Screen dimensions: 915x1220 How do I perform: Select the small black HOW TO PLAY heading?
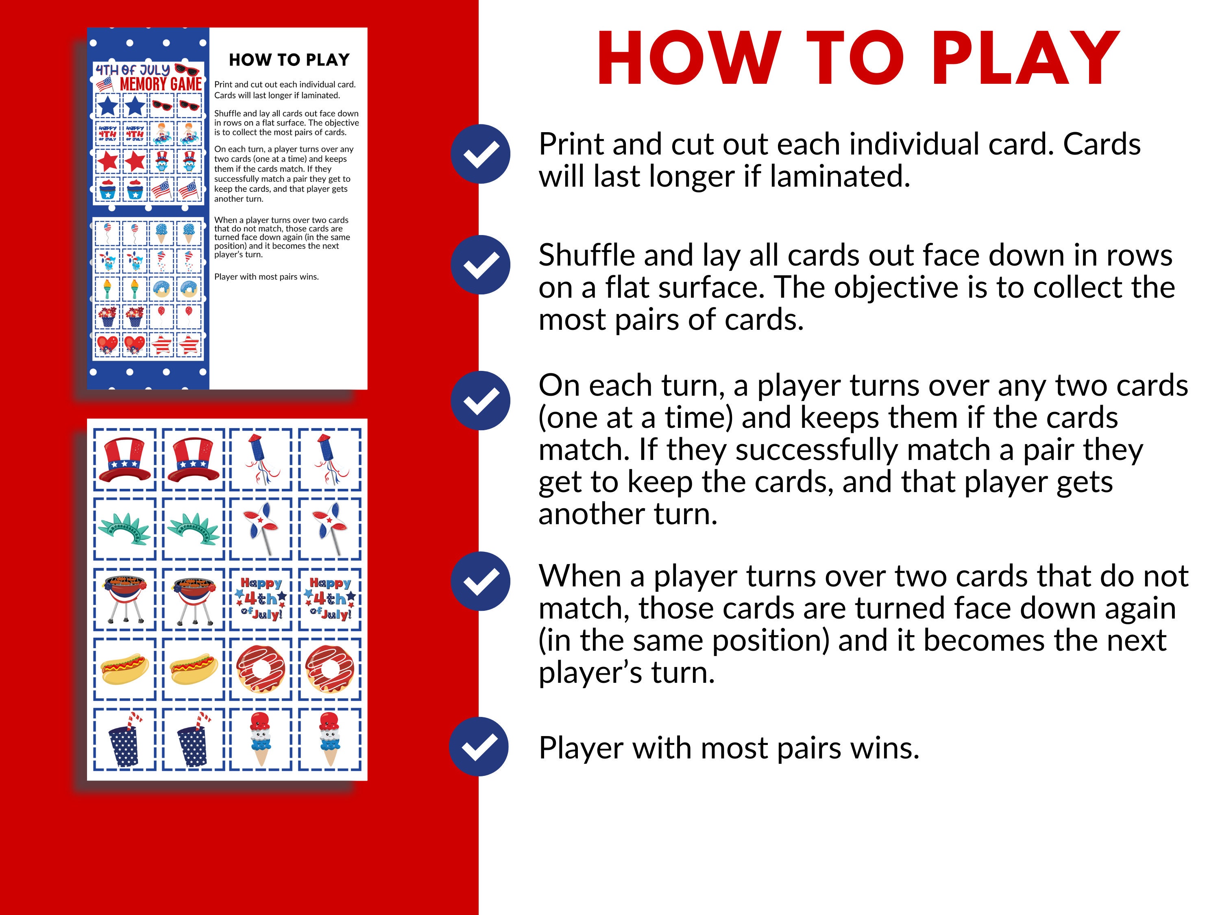click(x=289, y=59)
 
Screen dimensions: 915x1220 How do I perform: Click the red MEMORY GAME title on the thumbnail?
click(x=161, y=85)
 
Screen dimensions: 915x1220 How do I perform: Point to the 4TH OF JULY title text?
click(x=133, y=70)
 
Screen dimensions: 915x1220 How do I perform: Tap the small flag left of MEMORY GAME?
click(x=105, y=85)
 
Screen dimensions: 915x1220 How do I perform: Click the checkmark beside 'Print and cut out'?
click(x=480, y=154)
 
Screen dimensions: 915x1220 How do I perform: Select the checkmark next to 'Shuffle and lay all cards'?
click(x=480, y=265)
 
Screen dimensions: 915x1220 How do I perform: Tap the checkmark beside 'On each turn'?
click(x=480, y=401)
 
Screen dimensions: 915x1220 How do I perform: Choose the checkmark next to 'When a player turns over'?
click(x=480, y=581)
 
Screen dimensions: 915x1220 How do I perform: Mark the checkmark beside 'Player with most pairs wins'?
click(x=479, y=746)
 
